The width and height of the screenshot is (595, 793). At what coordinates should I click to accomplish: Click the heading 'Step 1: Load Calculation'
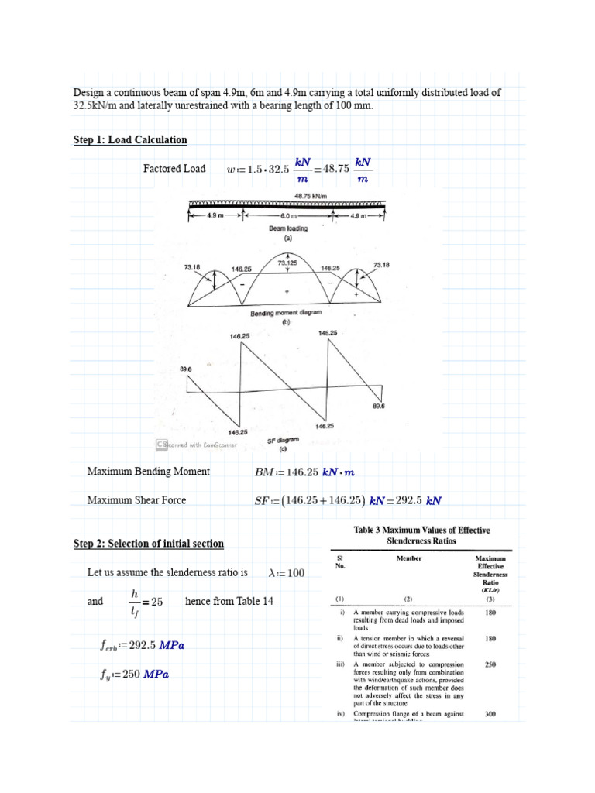pyautogui.click(x=130, y=140)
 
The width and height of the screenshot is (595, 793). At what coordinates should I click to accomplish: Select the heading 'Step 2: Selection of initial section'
pyautogui.click(x=148, y=544)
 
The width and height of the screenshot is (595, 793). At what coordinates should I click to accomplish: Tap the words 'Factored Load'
pyautogui.click(x=174, y=169)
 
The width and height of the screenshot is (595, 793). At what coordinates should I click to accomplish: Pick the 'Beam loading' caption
pyautogui.click(x=288, y=229)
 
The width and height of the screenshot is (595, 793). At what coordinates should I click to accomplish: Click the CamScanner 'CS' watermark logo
pyautogui.click(x=163, y=445)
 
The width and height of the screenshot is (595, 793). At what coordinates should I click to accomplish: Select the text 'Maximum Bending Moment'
pyautogui.click(x=148, y=472)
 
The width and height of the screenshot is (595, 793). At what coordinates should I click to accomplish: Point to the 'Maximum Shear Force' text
pyautogui.click(x=136, y=500)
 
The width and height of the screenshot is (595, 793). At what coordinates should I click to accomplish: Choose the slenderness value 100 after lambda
pyautogui.click(x=297, y=573)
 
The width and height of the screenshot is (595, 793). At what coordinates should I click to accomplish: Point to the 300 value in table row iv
pyautogui.click(x=490, y=714)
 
